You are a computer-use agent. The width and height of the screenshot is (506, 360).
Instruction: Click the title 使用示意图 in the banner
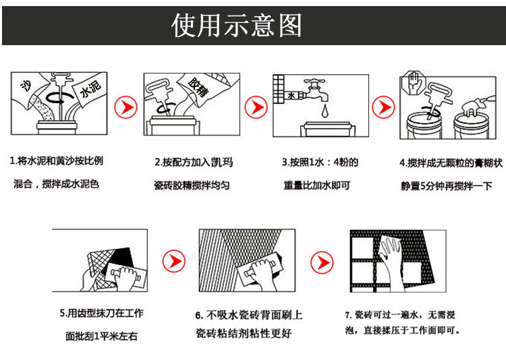tap(237, 26)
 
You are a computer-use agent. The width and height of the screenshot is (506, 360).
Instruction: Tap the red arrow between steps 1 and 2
tap(125, 106)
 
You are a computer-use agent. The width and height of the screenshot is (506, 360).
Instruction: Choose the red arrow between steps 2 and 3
tap(254, 107)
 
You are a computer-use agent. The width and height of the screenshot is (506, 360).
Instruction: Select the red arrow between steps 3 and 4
tap(384, 106)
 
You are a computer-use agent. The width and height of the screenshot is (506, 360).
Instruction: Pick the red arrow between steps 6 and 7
tap(321, 260)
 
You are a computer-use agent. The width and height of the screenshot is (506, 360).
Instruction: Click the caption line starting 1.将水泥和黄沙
tap(57, 162)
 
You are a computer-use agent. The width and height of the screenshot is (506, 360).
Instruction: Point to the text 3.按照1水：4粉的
tap(320, 162)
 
